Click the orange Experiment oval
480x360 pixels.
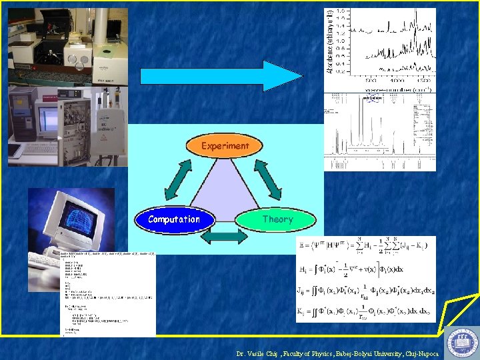tap(225, 145)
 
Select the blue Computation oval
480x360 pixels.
tap(174, 219)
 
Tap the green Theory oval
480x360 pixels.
tap(277, 219)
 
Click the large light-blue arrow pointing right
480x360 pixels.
tap(221, 75)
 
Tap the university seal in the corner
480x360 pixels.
tap(461, 342)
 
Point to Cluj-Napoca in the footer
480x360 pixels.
tap(421, 354)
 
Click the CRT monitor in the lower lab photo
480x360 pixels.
tap(47, 120)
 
